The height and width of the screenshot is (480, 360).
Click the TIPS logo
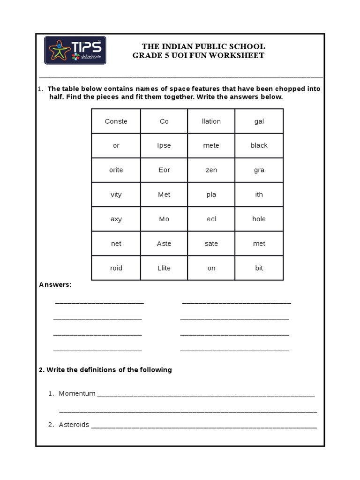pyautogui.click(x=75, y=51)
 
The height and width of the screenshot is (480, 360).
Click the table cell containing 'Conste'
pyautogui.click(x=116, y=121)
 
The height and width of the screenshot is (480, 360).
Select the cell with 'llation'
pyautogui.click(x=211, y=121)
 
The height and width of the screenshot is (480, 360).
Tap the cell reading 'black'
pyautogui.click(x=259, y=146)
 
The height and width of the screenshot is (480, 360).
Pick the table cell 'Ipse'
pyautogui.click(x=164, y=146)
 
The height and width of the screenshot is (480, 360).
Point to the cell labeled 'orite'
pyautogui.click(x=116, y=170)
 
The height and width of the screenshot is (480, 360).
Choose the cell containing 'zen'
pyautogui.click(x=211, y=170)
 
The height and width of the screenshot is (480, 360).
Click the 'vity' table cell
pyautogui.click(x=116, y=195)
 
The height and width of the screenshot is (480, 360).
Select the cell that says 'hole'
pyautogui.click(x=259, y=219)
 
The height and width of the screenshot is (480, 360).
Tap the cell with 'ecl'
pyautogui.click(x=211, y=219)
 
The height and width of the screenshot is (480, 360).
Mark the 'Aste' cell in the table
pyautogui.click(x=164, y=243)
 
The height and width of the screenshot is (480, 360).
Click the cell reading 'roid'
pyautogui.click(x=116, y=268)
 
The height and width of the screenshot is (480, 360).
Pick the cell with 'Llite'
pyautogui.click(x=164, y=268)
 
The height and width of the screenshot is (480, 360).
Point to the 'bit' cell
pyautogui.click(x=259, y=268)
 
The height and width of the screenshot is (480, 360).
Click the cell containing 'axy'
pyautogui.click(x=116, y=219)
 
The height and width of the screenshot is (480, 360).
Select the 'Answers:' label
pyautogui.click(x=55, y=285)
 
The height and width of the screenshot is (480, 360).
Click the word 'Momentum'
pyautogui.click(x=77, y=394)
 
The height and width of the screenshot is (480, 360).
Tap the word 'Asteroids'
pyautogui.click(x=74, y=425)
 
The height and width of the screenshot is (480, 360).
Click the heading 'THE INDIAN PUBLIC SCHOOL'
pyautogui.click(x=203, y=46)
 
